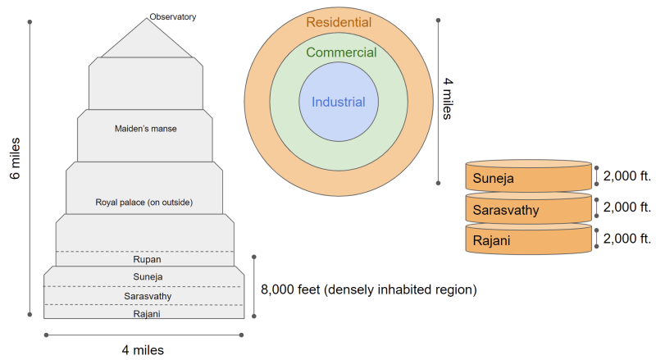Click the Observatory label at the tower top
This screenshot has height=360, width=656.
point(174,16)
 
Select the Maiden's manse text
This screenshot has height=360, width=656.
point(145,128)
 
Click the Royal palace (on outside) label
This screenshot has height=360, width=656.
point(144,202)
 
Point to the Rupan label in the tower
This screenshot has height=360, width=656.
point(145,260)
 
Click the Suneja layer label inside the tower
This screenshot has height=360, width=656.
point(145,276)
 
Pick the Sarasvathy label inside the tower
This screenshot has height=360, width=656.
point(145,295)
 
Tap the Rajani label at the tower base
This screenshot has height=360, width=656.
point(145,313)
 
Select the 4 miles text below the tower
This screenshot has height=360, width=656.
point(143,350)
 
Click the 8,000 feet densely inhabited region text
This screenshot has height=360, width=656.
point(368,289)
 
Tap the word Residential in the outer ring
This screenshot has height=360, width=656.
point(338,22)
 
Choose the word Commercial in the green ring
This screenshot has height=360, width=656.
point(341,53)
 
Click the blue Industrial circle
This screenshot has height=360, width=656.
point(338,103)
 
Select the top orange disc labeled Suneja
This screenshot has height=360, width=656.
point(528,176)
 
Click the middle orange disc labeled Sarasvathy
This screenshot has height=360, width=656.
point(528,209)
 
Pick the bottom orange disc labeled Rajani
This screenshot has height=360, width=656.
point(528,239)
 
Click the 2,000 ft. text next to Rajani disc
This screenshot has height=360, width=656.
point(626,239)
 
